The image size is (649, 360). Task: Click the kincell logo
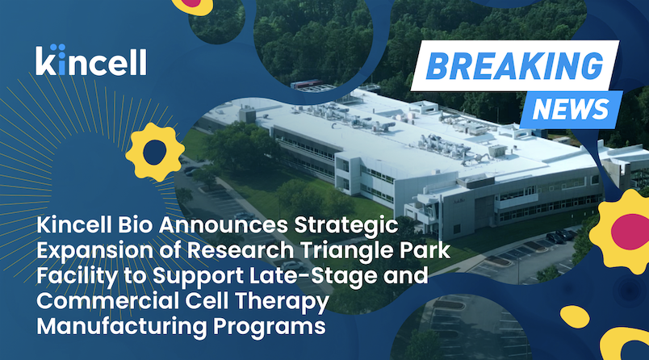pyautogui.click(x=91, y=60)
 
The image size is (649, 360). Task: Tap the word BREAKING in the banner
pyautogui.click(x=514, y=66)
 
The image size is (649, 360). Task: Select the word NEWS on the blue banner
pyautogui.click(x=571, y=109)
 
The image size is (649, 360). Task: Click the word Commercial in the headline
pyautogui.click(x=107, y=301)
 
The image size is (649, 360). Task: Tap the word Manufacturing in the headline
pyautogui.click(x=121, y=326)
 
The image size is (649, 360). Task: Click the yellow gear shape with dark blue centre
pyautogui.click(x=155, y=152)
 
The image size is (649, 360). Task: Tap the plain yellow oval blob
pyautogui.click(x=575, y=316)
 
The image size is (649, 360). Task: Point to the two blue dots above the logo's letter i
pyautogui.click(x=60, y=47)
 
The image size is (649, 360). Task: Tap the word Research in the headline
pyautogui.click(x=241, y=251)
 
